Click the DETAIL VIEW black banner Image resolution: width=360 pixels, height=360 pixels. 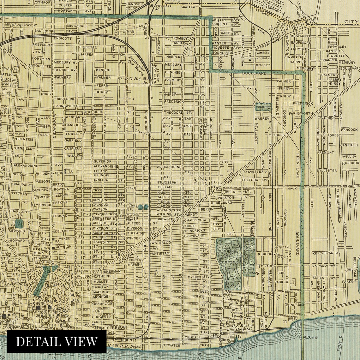point(57,341)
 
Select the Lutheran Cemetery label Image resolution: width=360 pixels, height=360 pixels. point(262,105)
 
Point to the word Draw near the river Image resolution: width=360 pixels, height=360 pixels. point(312,337)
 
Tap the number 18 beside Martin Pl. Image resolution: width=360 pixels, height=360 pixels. point(70,172)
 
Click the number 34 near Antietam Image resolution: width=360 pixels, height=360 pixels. point(119,251)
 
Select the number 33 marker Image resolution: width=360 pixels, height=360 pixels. point(156,274)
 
